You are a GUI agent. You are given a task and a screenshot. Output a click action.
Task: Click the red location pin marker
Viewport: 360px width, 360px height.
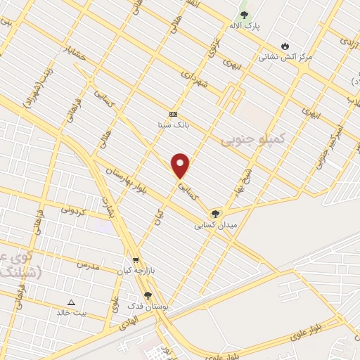tap(181, 165)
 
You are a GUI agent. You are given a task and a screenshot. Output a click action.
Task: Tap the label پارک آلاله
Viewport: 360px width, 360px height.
tap(244, 26)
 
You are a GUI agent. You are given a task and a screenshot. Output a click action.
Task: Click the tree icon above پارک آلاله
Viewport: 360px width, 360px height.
tap(244, 14)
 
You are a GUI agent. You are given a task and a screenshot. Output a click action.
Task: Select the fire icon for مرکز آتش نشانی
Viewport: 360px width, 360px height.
tap(285, 45)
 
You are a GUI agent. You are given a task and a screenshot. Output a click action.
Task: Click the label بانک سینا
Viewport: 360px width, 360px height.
tap(173, 124)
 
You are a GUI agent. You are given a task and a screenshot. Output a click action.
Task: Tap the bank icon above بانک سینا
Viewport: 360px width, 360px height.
tap(173, 114)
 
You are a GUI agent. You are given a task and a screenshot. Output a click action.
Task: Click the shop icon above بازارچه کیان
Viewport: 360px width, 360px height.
tap(136, 259)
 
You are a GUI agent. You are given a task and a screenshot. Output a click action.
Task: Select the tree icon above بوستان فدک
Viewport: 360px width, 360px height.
tap(148, 296)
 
